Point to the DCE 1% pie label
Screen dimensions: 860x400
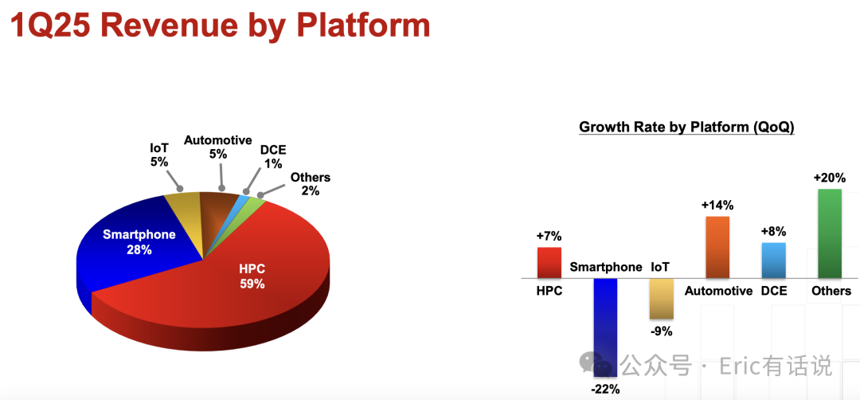pos(272,156)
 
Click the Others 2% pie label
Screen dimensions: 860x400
pos(311,184)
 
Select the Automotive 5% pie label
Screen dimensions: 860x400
pos(217,147)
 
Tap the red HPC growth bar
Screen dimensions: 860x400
pos(549,263)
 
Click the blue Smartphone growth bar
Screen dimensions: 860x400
pos(605,327)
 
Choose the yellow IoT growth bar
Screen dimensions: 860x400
pos(662,299)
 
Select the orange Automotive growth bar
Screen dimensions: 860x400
pos(717,248)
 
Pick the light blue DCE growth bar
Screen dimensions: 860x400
pos(773,261)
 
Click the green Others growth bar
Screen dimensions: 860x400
pos(829,233)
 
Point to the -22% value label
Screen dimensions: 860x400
pos(605,390)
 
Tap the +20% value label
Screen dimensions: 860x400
pos(829,178)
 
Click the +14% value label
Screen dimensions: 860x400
pos(717,206)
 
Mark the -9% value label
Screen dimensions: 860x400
pos(662,331)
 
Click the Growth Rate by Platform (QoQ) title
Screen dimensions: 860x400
pos(686,127)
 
